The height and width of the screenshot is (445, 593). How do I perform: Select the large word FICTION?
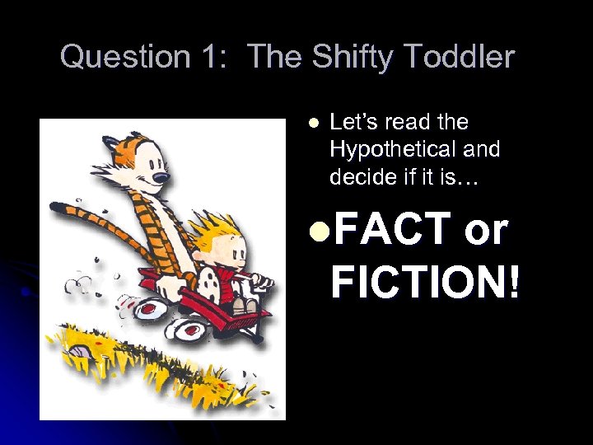[x=425, y=280]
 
